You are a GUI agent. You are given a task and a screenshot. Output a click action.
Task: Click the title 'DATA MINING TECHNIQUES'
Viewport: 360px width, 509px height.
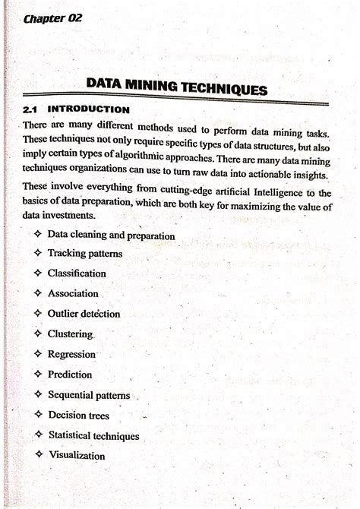[x=177, y=86]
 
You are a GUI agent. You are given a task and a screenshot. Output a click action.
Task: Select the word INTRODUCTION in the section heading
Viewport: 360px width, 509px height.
[x=89, y=109]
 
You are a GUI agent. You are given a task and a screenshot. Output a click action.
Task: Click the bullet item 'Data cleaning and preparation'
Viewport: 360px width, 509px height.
[x=111, y=236]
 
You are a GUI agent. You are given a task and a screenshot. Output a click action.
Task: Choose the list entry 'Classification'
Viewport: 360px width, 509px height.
[x=77, y=273]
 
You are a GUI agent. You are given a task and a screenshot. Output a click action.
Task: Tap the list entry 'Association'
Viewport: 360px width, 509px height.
[x=73, y=293]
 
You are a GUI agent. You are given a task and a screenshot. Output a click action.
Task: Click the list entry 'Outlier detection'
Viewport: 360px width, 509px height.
[x=84, y=313]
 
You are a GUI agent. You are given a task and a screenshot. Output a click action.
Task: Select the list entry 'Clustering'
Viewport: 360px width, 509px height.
[x=70, y=334]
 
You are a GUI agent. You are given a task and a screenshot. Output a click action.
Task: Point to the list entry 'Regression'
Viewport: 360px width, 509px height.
[x=71, y=354]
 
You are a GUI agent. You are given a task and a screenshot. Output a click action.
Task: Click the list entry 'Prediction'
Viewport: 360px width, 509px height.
[x=70, y=375]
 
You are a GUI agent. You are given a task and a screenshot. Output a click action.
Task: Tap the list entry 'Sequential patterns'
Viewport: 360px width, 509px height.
[x=89, y=395]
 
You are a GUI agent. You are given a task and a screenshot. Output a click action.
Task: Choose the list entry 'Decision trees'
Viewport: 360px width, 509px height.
[x=79, y=416]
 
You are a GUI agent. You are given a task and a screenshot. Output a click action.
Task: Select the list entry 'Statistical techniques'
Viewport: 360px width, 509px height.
[x=93, y=436]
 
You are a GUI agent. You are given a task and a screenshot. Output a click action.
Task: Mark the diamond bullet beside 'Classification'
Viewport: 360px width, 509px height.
[x=37, y=272]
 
